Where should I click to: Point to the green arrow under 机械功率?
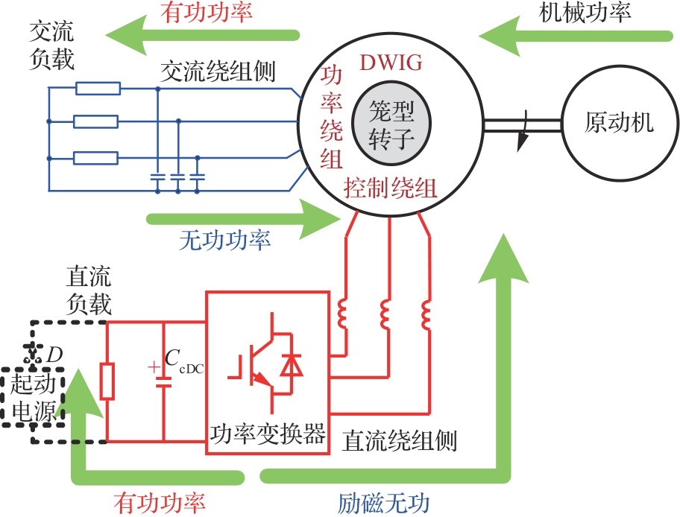click(574, 35)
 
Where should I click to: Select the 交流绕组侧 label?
click(218, 72)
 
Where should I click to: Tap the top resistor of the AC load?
click(98, 89)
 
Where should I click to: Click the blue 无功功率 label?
click(225, 240)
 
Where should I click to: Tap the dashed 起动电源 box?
click(34, 398)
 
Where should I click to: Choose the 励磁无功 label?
click(384, 504)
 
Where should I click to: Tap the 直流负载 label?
click(89, 291)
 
